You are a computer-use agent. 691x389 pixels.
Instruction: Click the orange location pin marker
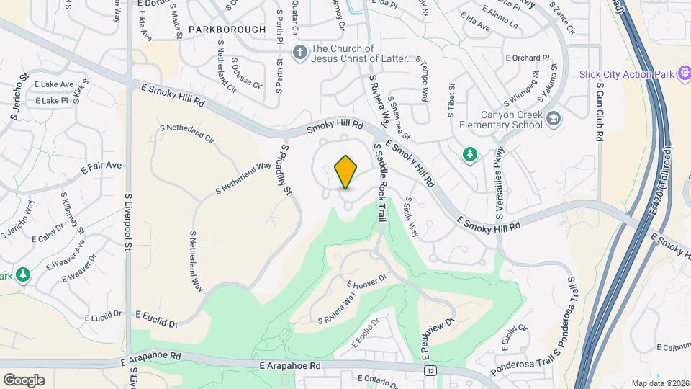tap(346, 172)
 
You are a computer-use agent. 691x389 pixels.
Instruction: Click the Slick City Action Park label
tap(626, 74)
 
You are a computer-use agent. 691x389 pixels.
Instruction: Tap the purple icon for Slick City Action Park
tap(682, 74)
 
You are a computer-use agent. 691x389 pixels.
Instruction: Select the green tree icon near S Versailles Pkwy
tap(470, 154)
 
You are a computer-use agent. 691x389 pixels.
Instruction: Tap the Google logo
tap(24, 380)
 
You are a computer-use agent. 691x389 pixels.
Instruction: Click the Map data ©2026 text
tap(659, 383)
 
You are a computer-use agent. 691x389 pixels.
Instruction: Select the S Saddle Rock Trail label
tap(379, 176)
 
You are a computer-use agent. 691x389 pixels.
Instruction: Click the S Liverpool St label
tap(129, 221)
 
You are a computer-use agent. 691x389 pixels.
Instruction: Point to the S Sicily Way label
tap(411, 217)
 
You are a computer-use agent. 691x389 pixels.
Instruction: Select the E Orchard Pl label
tap(528, 56)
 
